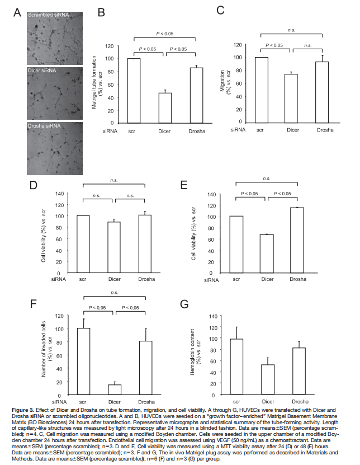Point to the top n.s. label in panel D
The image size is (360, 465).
click(114, 180)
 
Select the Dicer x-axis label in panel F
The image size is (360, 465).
click(115, 401)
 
